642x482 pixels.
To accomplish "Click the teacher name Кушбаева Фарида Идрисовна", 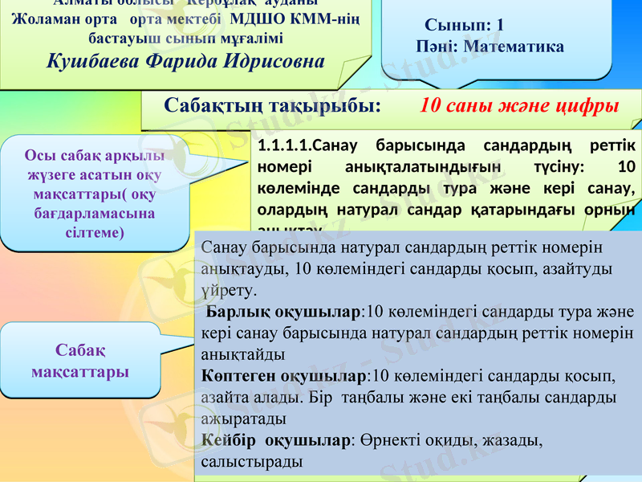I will (x=186, y=60).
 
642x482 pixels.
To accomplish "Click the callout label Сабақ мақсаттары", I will (x=80, y=361).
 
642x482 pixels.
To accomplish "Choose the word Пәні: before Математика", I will (x=437, y=47).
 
